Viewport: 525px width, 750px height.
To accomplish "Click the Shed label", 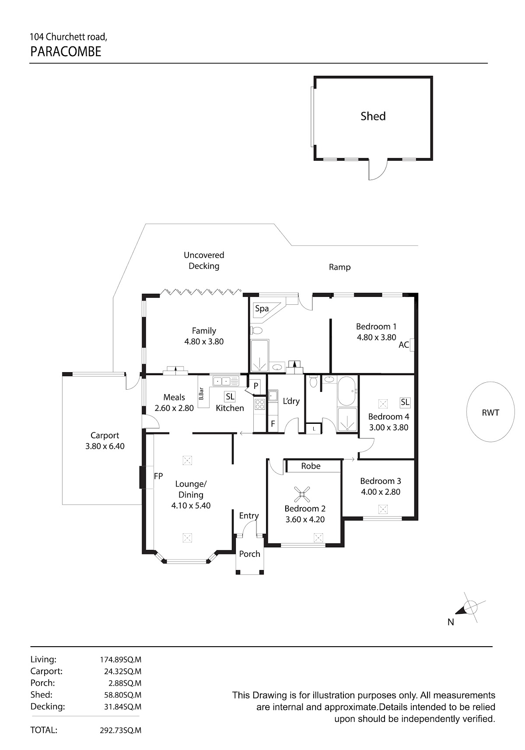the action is pyautogui.click(x=373, y=116).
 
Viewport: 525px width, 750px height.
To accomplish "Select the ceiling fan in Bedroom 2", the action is pyautogui.click(x=301, y=493).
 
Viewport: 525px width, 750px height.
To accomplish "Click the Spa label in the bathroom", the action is pyautogui.click(x=262, y=308).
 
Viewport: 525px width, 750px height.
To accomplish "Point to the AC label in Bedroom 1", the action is pyautogui.click(x=404, y=345).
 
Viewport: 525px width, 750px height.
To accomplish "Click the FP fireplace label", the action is pyautogui.click(x=158, y=476).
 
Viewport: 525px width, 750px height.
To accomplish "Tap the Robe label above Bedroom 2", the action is pyautogui.click(x=311, y=466).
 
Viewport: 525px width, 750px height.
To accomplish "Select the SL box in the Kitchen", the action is pyautogui.click(x=230, y=397).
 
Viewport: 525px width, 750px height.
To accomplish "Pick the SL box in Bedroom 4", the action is pyautogui.click(x=405, y=402).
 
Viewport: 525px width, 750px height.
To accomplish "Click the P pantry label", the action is pyautogui.click(x=255, y=386).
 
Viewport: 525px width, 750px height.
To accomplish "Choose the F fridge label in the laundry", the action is pyautogui.click(x=273, y=424).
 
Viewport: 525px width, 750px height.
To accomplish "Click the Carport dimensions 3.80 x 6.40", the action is pyautogui.click(x=105, y=446).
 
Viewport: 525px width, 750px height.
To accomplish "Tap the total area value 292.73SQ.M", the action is pyautogui.click(x=120, y=730).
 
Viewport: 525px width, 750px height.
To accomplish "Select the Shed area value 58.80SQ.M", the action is pyautogui.click(x=122, y=695).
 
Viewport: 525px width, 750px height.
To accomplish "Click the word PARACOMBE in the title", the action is pyautogui.click(x=66, y=52).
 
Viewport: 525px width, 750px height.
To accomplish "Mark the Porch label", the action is pyautogui.click(x=249, y=554).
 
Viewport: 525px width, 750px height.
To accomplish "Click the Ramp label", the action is pyautogui.click(x=339, y=267).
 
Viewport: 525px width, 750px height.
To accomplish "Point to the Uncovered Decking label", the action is pyautogui.click(x=204, y=261).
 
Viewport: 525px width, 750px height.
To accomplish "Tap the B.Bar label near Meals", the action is pyautogui.click(x=201, y=394).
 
